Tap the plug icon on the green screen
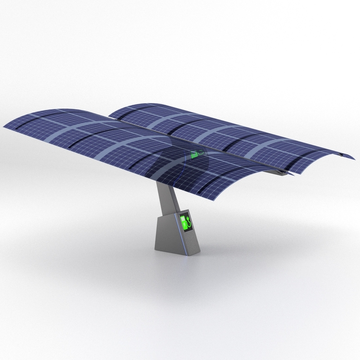coord(189,222)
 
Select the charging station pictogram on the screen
coord(184,222)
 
